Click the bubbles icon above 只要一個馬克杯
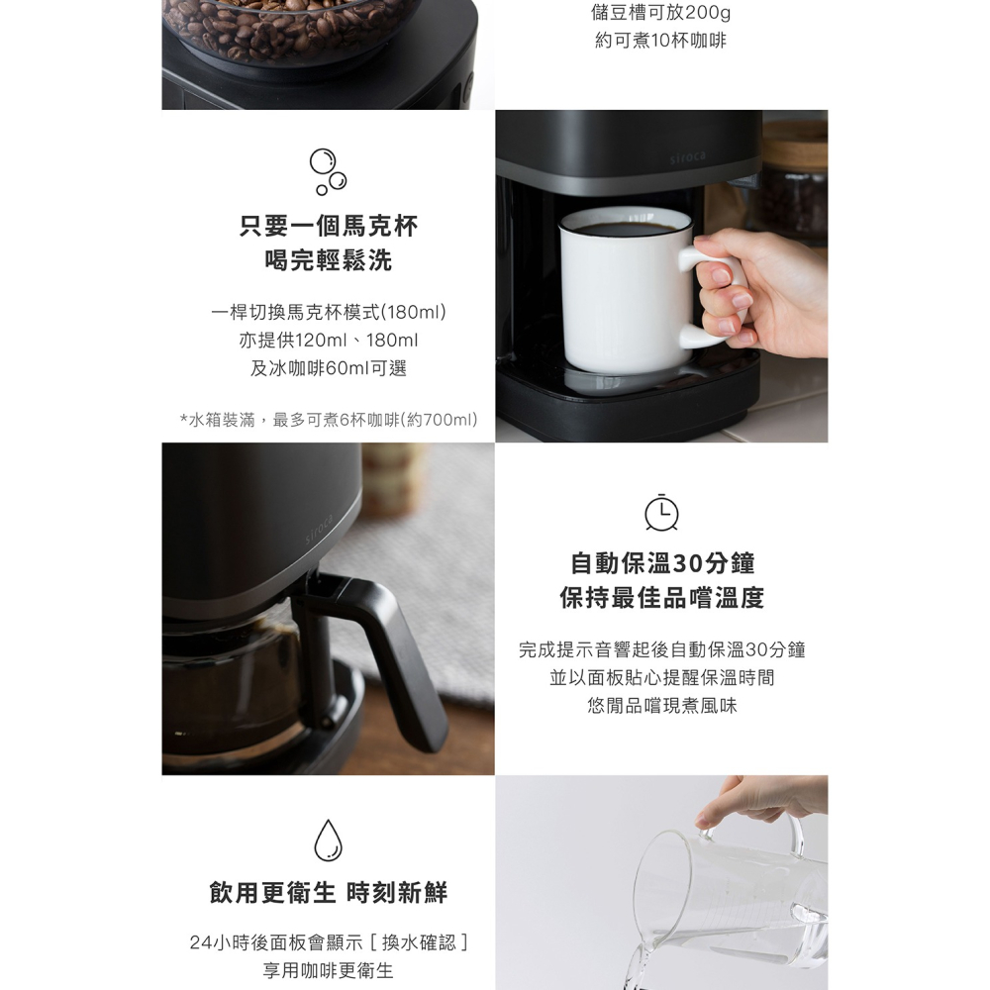click(328, 171)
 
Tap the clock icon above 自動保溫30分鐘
click(661, 512)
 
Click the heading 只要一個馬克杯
click(328, 227)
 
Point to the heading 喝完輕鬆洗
click(328, 260)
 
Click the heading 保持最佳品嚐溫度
click(661, 598)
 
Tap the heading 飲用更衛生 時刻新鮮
click(328, 893)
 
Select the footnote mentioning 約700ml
click(328, 421)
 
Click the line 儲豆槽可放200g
click(661, 13)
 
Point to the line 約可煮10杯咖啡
click(661, 42)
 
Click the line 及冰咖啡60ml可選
click(328, 368)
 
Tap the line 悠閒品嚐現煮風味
click(661, 706)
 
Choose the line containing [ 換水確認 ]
click(328, 942)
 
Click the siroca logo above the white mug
click(687, 157)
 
